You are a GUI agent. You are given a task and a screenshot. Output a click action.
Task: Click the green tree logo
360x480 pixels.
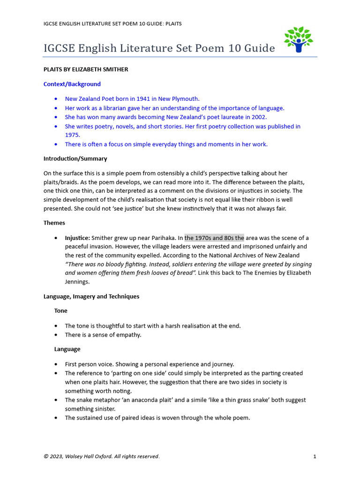298,40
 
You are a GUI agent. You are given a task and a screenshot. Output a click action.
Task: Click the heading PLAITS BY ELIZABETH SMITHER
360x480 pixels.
86,69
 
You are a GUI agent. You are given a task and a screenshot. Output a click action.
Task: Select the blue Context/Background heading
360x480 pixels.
72,84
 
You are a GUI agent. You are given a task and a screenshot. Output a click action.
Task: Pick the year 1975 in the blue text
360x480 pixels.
72,135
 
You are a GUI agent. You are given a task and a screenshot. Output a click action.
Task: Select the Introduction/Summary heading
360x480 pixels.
75,159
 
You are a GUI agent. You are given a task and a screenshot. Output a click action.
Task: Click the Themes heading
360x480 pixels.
54,223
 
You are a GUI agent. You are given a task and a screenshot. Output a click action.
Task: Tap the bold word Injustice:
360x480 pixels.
77,238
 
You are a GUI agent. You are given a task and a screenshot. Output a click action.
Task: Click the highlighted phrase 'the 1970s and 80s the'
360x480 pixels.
214,238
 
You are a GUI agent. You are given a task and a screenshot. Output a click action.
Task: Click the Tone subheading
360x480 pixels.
61,311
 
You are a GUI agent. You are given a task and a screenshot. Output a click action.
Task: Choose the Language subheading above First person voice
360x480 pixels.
67,349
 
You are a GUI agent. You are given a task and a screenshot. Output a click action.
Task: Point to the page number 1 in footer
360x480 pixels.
315,457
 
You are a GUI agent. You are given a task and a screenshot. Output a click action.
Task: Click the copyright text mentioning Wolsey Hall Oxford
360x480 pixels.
101,457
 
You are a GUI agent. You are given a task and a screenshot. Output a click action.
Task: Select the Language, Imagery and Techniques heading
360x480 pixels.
91,297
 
